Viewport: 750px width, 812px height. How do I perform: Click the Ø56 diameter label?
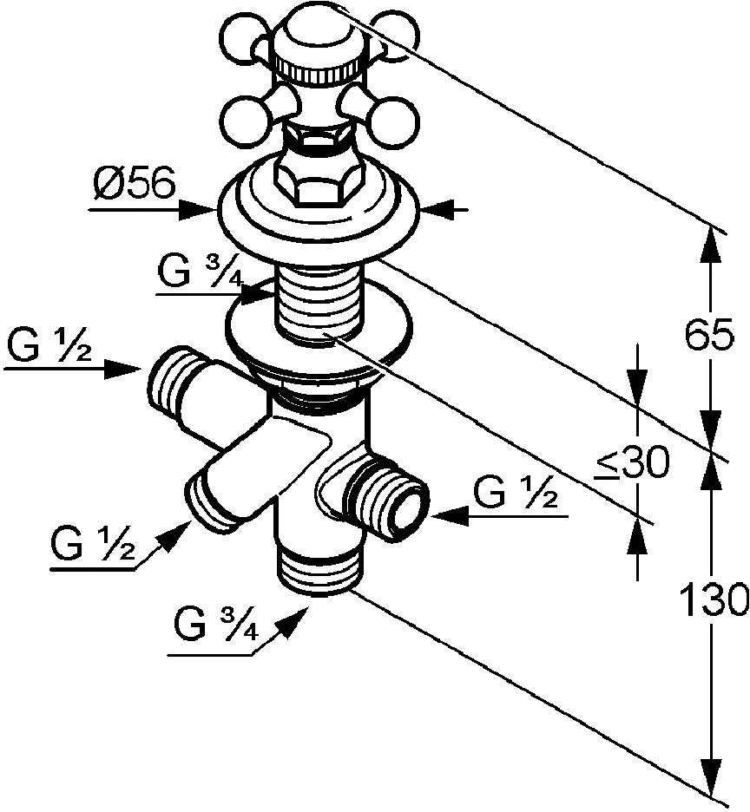135,183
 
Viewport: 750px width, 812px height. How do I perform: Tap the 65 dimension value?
709,334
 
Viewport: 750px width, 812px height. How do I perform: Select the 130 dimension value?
714,599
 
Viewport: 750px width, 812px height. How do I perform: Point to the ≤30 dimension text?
632,462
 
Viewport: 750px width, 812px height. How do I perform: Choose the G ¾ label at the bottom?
215,625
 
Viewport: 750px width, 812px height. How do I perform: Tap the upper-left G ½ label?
50,345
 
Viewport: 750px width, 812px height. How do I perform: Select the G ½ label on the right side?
516,491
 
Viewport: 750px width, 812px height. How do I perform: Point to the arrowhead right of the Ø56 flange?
438,210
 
